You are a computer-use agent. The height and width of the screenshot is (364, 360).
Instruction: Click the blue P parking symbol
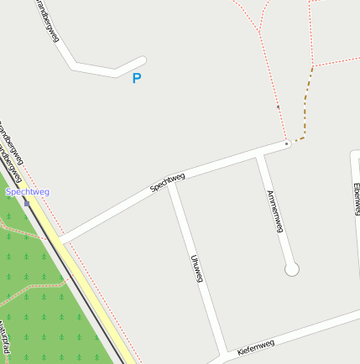click(137, 79)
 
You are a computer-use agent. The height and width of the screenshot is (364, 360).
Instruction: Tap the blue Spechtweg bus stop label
click(28, 192)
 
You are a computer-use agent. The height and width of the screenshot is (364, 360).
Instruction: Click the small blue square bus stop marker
click(27, 203)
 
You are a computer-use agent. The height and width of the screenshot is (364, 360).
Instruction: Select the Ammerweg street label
click(274, 211)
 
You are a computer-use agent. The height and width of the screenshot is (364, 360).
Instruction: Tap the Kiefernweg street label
click(256, 346)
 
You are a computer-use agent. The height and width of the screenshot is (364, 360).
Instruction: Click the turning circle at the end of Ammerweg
click(291, 269)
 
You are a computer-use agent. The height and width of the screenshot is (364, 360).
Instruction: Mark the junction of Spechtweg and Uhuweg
click(171, 184)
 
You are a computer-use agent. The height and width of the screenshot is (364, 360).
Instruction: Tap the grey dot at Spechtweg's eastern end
click(287, 144)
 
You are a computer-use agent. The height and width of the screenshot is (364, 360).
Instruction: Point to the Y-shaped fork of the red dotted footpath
click(259, 32)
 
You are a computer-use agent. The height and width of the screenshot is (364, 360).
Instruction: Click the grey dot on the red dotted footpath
click(278, 107)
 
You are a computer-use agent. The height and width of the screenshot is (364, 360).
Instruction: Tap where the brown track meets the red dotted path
click(312, 67)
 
